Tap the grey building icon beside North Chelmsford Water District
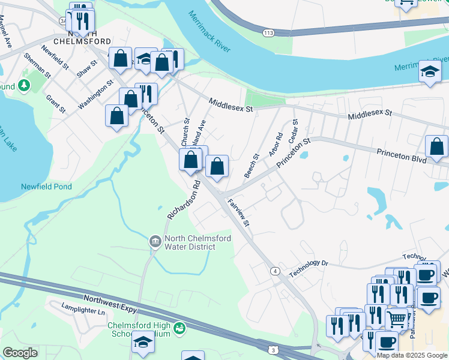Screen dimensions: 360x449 [155, 242]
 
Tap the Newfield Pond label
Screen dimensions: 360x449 [46, 187]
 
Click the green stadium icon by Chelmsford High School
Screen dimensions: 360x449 [179, 328]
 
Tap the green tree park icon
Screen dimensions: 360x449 [24, 86]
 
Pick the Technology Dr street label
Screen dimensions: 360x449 [309, 268]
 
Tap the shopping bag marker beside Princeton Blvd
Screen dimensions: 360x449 [436, 146]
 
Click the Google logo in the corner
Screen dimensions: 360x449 [20, 353]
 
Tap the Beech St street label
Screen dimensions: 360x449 [252, 166]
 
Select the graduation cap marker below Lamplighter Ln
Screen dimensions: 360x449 [143, 343]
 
